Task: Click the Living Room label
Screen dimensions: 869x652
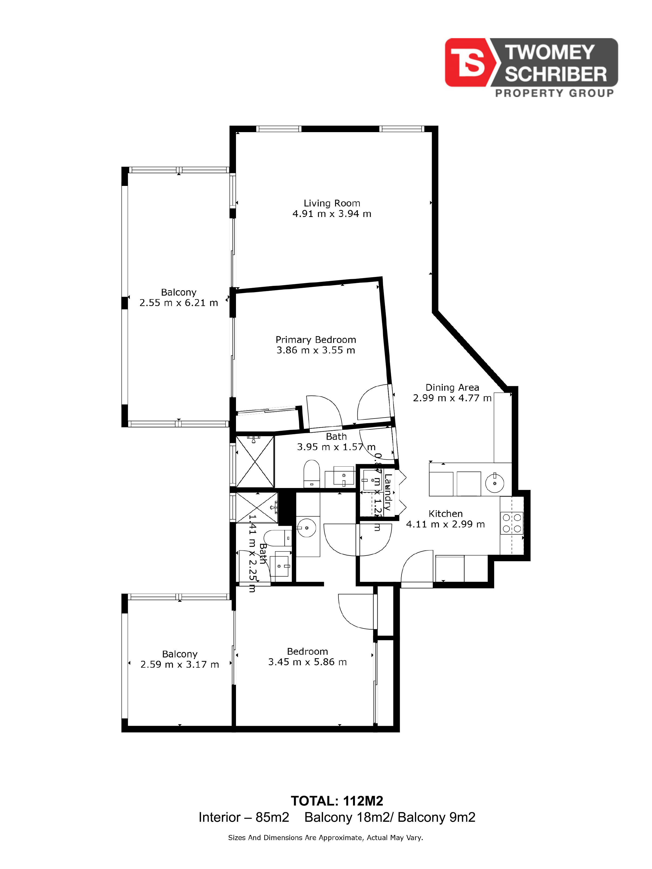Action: point(332,203)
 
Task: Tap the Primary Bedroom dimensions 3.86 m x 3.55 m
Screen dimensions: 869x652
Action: point(315,350)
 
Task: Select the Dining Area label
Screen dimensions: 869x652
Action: point(452,387)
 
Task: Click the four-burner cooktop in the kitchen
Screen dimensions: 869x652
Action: point(512,523)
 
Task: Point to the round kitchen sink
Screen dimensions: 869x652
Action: point(494,483)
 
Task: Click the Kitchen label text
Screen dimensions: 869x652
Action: point(445,513)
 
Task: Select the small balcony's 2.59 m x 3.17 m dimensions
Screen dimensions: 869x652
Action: point(179,664)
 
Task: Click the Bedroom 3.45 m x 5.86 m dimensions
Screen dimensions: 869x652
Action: point(307,662)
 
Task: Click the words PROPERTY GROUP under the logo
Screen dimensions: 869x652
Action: point(554,93)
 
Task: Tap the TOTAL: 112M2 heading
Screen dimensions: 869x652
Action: point(337,801)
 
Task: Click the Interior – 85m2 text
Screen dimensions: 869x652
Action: point(244,817)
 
